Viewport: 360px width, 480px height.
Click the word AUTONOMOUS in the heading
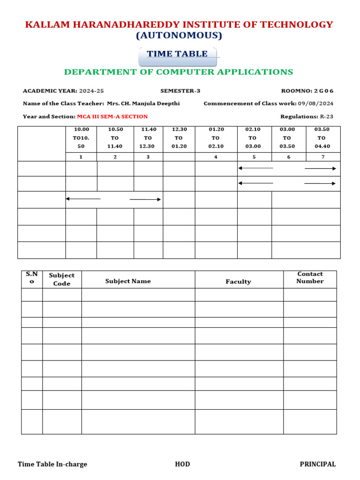click(179, 36)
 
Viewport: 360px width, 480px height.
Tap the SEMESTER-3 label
click(180, 91)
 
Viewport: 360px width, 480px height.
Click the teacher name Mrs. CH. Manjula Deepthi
click(143, 104)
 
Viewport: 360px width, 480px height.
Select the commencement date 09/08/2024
click(315, 104)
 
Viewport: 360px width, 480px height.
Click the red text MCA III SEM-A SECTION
click(112, 116)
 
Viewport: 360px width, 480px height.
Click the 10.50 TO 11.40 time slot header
click(115, 138)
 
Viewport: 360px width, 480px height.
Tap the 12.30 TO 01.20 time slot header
click(179, 138)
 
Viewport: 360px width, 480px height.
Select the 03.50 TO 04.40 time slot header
click(322, 138)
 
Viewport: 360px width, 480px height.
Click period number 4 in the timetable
click(216, 157)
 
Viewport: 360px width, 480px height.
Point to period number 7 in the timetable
click(322, 157)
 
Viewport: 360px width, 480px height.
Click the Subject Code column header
click(62, 279)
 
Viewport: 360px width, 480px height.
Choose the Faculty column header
click(238, 282)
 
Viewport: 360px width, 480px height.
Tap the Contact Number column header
click(310, 277)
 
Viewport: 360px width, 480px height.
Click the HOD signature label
click(182, 464)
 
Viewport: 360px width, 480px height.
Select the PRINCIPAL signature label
click(317, 464)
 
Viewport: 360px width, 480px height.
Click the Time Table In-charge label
click(52, 464)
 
